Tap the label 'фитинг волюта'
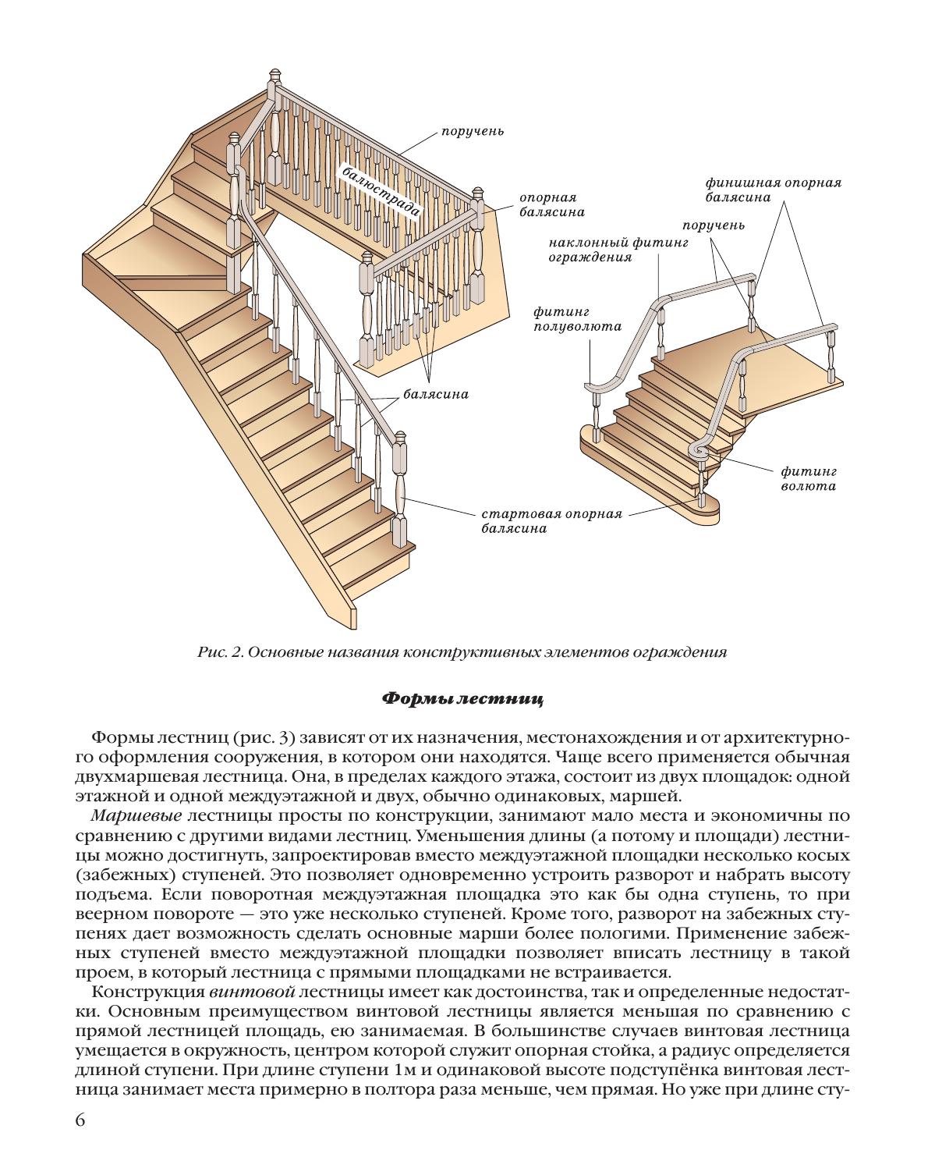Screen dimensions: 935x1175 click(809, 478)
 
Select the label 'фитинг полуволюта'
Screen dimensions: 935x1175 click(577, 319)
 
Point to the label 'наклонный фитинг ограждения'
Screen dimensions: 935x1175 click(618, 250)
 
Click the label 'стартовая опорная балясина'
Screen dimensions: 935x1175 click(551, 521)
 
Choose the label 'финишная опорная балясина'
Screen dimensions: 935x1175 click(773, 190)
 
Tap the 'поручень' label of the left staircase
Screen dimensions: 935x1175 click(473, 131)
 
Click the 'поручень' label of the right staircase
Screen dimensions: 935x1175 click(714, 225)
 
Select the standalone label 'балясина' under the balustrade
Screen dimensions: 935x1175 click(436, 394)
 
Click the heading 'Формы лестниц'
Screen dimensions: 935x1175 click(462, 699)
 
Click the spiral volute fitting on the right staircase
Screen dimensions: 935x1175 click(699, 449)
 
